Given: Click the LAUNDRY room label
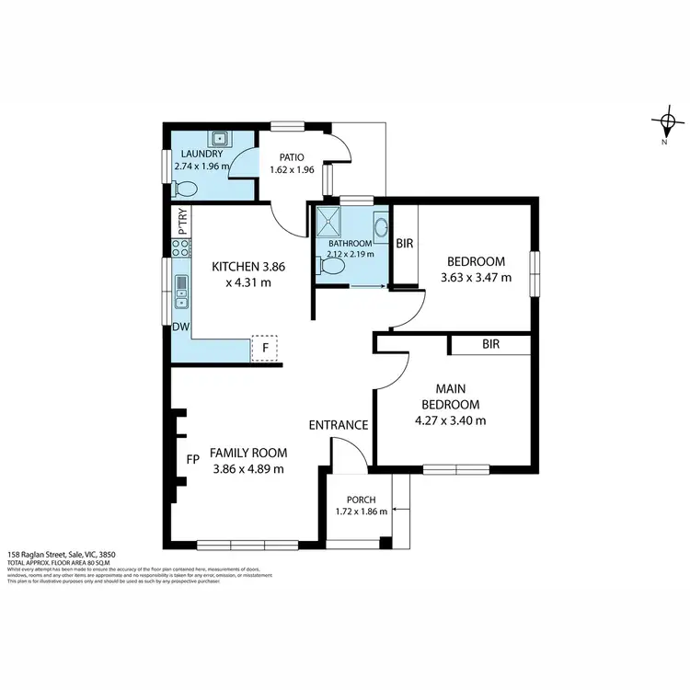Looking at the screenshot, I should pyautogui.click(x=201, y=154).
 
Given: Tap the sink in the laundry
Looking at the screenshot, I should pyautogui.click(x=220, y=139).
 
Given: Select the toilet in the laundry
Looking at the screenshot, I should pyautogui.click(x=185, y=189).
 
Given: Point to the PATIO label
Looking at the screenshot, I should pyautogui.click(x=286, y=157).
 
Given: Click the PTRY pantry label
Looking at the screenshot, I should pyautogui.click(x=182, y=221).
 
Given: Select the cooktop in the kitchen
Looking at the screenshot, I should pyautogui.click(x=180, y=247).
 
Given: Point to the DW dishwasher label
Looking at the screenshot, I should pyautogui.click(x=180, y=327).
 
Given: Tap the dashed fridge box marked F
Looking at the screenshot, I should pyautogui.click(x=264, y=349).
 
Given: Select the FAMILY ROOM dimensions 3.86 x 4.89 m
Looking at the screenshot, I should pyautogui.click(x=248, y=468).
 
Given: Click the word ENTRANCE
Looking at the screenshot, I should pyautogui.click(x=338, y=425).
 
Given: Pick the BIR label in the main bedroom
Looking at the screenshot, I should pyautogui.click(x=490, y=344).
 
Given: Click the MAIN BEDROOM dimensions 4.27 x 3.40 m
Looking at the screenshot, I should pyautogui.click(x=451, y=420).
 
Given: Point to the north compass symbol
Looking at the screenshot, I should pyautogui.click(x=665, y=121).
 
